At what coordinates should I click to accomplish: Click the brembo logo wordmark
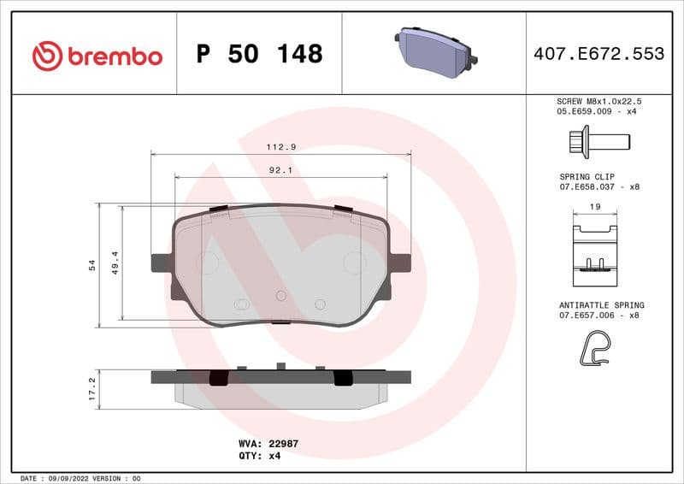(97, 56)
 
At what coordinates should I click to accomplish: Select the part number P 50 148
(259, 54)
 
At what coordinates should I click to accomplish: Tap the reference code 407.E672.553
(598, 54)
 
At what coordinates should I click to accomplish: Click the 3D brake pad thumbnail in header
(434, 52)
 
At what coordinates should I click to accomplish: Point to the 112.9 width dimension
(281, 147)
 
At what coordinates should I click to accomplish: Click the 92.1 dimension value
(281, 170)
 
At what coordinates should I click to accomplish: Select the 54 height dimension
(91, 266)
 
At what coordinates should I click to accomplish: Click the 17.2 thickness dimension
(91, 388)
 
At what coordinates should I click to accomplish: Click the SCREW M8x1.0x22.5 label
(598, 101)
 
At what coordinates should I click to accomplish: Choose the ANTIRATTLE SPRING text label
(601, 305)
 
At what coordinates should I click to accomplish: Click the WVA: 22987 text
(268, 444)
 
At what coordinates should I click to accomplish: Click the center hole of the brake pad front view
(280, 295)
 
